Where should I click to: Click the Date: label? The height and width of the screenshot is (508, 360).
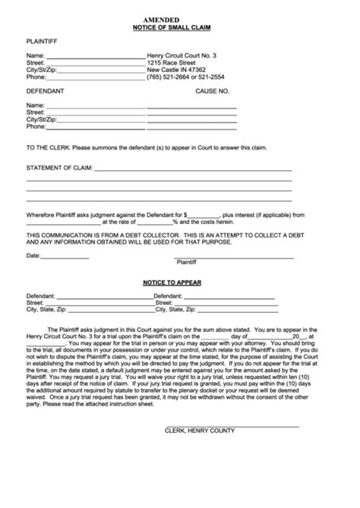click(x=33, y=255)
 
